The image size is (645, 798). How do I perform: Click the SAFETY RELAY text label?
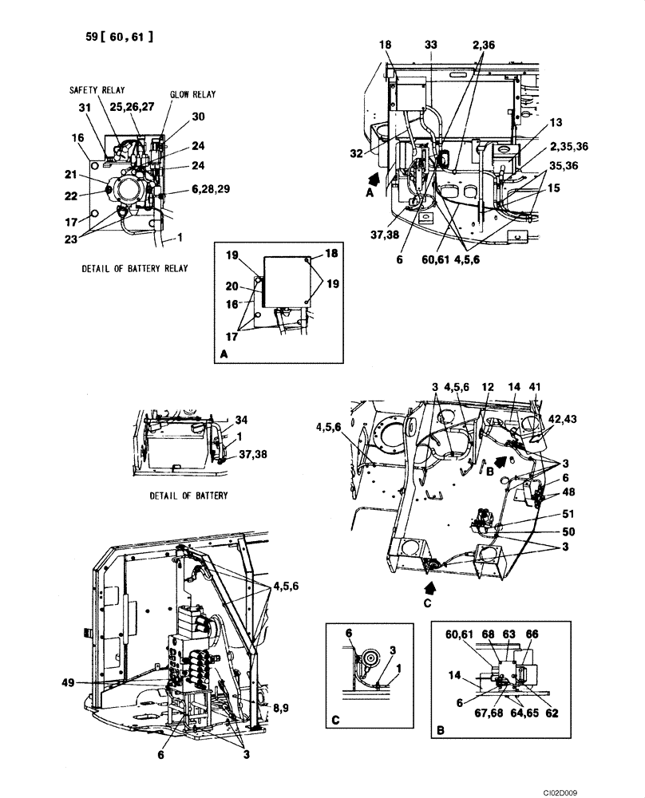coord(96,91)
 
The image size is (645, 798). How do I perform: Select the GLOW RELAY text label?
coord(192,94)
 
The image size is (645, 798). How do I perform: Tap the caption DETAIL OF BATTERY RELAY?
coord(135,268)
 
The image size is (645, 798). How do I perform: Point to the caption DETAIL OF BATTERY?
coord(188,496)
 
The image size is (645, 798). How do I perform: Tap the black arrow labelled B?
coord(498,460)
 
